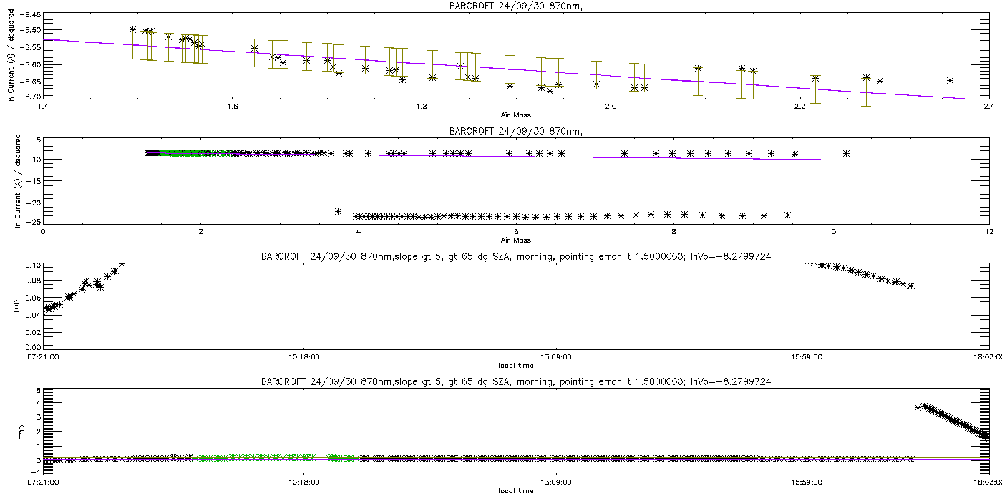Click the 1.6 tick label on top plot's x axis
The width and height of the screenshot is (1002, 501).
coord(232,107)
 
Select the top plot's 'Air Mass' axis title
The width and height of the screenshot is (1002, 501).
coord(515,114)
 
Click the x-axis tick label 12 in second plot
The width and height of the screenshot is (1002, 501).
coord(988,231)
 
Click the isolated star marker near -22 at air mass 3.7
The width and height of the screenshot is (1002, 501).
coord(338,211)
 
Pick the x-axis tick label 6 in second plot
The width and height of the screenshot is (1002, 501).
coord(516,231)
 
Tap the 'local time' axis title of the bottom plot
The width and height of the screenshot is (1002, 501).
coord(515,490)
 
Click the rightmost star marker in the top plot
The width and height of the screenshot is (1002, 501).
coord(950,81)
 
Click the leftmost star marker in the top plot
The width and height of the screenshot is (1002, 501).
coord(132,29)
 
